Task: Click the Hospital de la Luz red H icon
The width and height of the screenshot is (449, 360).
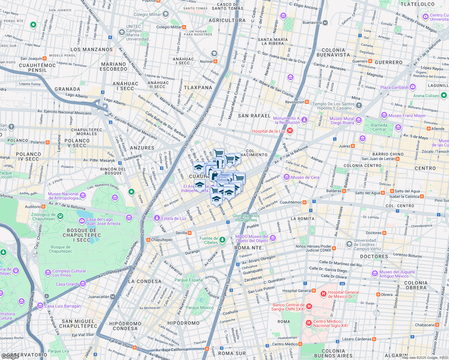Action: click(x=290, y=131)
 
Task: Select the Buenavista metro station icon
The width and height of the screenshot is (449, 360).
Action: click(x=325, y=22)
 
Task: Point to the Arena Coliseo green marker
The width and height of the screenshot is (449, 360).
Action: click(x=444, y=95)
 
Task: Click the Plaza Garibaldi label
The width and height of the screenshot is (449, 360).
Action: click(x=394, y=87)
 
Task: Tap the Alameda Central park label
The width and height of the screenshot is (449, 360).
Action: click(x=379, y=127)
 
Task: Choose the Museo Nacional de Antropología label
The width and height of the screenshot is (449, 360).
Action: click(x=63, y=196)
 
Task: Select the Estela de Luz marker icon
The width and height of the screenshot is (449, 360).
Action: click(x=157, y=218)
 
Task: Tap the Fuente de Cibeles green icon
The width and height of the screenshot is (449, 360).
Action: click(x=222, y=239)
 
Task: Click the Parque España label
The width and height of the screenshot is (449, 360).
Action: click(x=188, y=280)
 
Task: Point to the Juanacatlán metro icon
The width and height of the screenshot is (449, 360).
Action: click(x=113, y=297)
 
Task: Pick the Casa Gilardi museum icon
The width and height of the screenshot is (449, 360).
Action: click(x=83, y=284)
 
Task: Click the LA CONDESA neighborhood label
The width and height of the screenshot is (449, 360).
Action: click(x=145, y=281)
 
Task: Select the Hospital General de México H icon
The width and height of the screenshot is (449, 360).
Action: click(x=323, y=294)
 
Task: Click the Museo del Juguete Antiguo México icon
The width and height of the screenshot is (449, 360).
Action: click(x=375, y=274)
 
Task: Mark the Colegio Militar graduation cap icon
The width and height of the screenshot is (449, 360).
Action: click(x=166, y=14)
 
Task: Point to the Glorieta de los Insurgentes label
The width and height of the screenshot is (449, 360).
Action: click(x=246, y=218)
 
